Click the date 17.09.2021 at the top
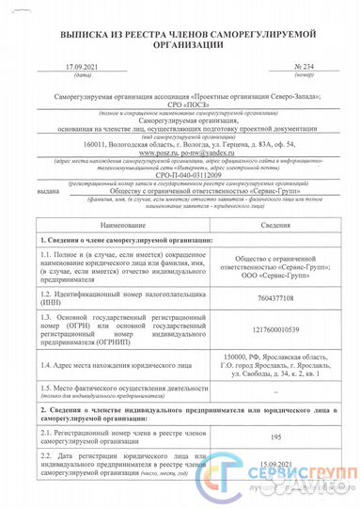coord(82,68)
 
